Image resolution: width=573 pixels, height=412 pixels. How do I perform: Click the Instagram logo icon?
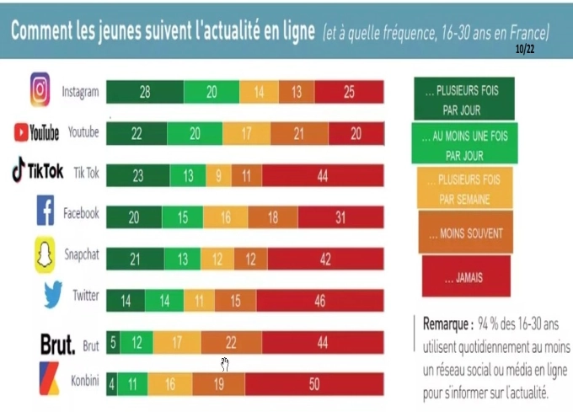[40, 89]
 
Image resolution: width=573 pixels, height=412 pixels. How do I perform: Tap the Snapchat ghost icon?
[45, 255]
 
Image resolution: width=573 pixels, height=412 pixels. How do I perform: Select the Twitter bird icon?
[52, 296]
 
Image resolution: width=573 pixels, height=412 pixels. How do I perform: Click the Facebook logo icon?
[46, 211]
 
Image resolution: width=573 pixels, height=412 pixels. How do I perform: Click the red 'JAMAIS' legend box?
[465, 276]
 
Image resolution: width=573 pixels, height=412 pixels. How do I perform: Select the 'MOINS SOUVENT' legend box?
[464, 233]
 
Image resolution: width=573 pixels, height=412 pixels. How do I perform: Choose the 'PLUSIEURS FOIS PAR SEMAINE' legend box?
[464, 190]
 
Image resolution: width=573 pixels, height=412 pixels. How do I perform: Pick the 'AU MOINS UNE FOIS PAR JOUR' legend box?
[464, 142]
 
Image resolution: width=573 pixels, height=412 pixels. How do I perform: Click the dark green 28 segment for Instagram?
[144, 92]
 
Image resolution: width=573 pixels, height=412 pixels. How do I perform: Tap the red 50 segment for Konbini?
[314, 384]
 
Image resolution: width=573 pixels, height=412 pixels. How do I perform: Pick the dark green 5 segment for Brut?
[112, 343]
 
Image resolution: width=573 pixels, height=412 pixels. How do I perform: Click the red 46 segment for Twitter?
[319, 300]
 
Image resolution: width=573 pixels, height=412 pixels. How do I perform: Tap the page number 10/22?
[523, 50]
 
